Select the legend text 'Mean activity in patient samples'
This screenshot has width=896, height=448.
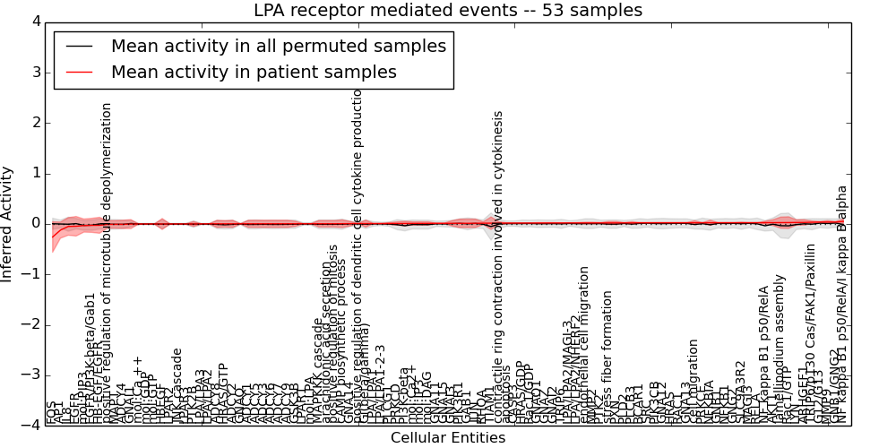[x=254, y=72]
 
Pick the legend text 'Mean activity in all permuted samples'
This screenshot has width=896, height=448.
[x=279, y=46]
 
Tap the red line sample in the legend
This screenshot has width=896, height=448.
[x=79, y=73]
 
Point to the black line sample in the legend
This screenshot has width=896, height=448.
[x=79, y=47]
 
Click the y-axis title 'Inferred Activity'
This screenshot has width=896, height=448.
[x=8, y=224]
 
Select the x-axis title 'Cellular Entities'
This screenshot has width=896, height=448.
[x=448, y=438]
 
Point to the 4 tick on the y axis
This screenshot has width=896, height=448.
[x=35, y=22]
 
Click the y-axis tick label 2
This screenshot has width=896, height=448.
[x=35, y=123]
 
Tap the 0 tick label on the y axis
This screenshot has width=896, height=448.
[x=35, y=224]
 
